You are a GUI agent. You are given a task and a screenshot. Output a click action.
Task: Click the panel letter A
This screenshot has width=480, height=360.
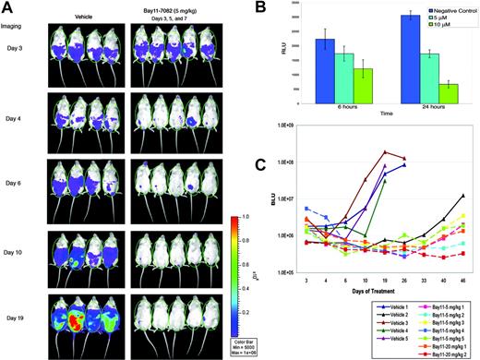9,9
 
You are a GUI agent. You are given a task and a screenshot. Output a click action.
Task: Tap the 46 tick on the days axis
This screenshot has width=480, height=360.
462,281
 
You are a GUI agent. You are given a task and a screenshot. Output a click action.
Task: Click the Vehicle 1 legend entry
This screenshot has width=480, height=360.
339,316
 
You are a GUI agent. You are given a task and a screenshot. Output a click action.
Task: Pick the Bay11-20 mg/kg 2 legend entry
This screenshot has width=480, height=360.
416,352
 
